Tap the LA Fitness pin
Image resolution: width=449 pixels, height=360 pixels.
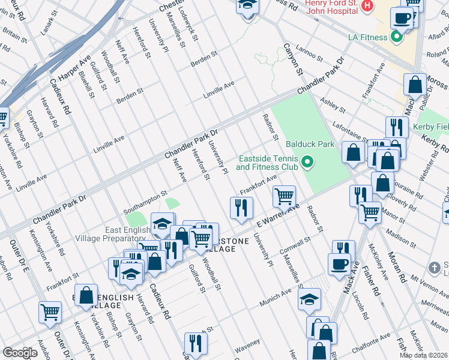pos(396,37)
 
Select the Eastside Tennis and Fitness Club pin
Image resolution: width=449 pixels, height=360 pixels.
pos(308,162)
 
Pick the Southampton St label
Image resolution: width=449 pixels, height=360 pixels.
pos(144,203)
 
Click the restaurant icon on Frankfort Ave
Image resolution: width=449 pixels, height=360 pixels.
pos(239,208)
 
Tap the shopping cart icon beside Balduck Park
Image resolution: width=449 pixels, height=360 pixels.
pos(284,196)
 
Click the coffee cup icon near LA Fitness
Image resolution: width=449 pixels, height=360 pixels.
pos(402,17)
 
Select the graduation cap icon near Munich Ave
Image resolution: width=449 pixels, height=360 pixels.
pos(310,299)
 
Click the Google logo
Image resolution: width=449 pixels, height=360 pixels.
pos(20,353)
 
